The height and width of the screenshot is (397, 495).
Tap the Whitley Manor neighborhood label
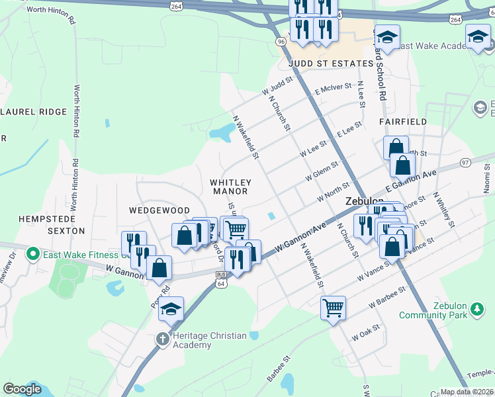click(x=230, y=187)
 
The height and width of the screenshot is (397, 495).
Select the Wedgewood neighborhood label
click(x=159, y=210)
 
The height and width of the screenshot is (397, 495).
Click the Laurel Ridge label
click(x=34, y=112)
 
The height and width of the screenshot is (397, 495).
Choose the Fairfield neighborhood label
click(x=402, y=122)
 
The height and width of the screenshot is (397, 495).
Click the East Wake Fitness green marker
click(x=32, y=254)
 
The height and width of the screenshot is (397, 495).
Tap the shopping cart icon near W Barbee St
click(x=333, y=307)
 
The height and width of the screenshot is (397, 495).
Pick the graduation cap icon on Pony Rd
click(x=171, y=310)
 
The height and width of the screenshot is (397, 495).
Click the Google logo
click(x=22, y=389)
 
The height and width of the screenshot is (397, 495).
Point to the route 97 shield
click(x=466, y=162)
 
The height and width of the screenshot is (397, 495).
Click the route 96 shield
click(x=281, y=41)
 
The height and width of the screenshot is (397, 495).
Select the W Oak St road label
click(x=366, y=332)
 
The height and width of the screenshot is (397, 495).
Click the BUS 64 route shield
click(x=221, y=279)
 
